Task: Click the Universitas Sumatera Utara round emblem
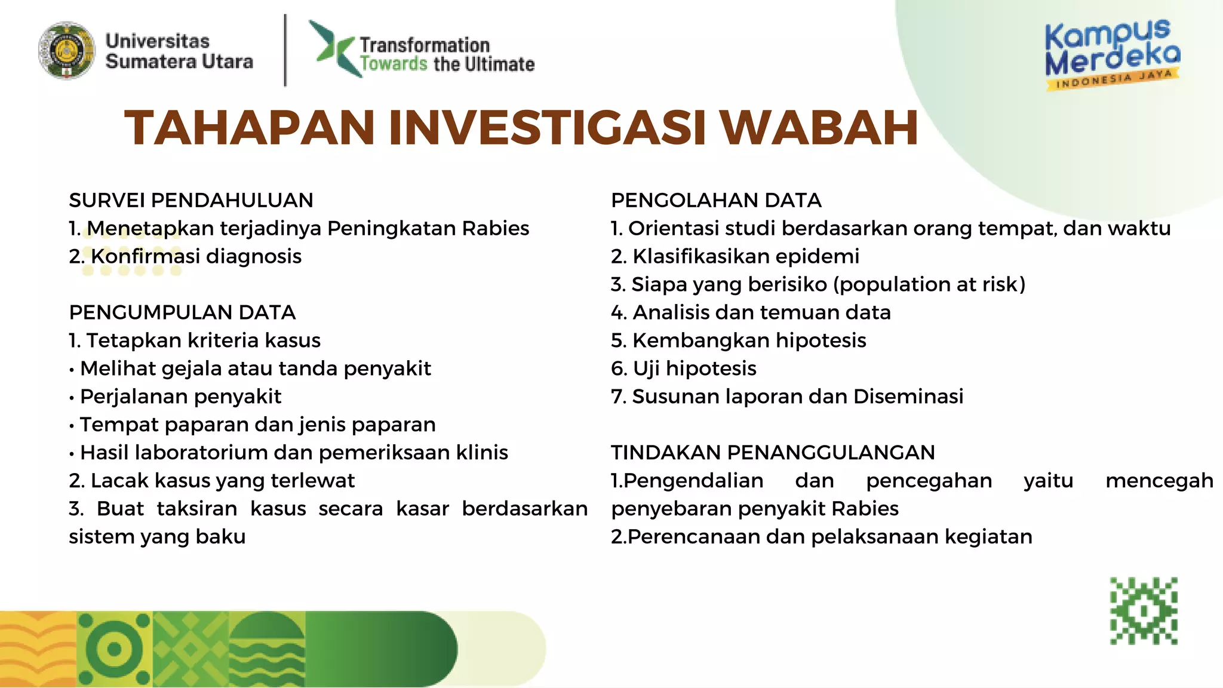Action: [66, 51]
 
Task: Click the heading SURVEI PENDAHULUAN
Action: [191, 200]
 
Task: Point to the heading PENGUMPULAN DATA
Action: [182, 312]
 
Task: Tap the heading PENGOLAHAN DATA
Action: [716, 200]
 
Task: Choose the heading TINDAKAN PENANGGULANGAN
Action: [773, 453]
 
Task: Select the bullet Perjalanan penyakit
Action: [180, 397]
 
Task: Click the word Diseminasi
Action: [908, 397]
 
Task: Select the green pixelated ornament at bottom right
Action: [1144, 610]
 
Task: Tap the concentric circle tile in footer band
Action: [114, 649]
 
